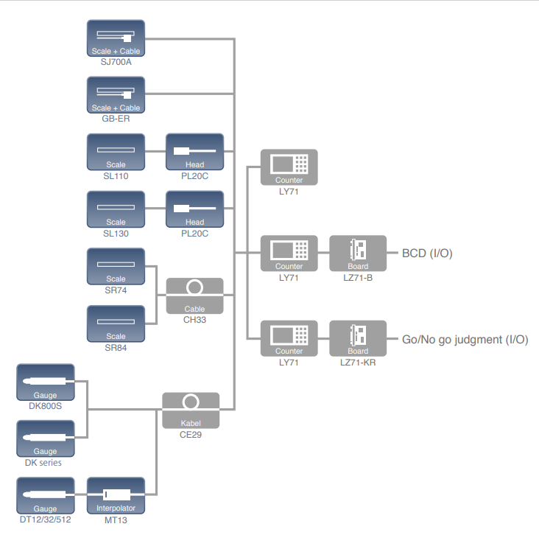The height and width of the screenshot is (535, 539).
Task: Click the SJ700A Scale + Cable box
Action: coord(116,38)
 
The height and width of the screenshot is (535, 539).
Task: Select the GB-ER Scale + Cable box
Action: coord(116,95)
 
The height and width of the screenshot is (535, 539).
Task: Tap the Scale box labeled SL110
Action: coord(116,152)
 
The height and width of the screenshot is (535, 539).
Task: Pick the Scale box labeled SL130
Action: coord(116,209)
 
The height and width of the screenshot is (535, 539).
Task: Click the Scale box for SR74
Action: coord(116,266)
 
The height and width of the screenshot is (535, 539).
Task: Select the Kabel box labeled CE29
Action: coord(191,410)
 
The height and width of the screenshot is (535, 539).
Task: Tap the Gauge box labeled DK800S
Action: coord(45,382)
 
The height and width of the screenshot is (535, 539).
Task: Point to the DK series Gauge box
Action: coord(45,438)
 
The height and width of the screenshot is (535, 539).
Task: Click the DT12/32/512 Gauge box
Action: coord(45,495)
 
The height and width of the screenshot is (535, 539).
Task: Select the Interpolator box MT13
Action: coord(116,495)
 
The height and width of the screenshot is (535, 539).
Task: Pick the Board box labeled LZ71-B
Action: coord(358,253)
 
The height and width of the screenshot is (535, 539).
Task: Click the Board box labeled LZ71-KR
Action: coord(358,338)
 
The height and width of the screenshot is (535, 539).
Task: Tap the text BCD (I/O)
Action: coord(427,253)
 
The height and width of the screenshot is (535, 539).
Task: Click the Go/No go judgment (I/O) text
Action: coord(465,339)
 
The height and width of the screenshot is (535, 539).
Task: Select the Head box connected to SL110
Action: coord(194,152)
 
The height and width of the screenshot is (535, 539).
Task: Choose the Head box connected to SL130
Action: coord(194,209)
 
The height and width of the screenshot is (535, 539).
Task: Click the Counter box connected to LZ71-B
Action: coord(289,253)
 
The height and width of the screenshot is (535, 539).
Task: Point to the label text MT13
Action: coord(116,520)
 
